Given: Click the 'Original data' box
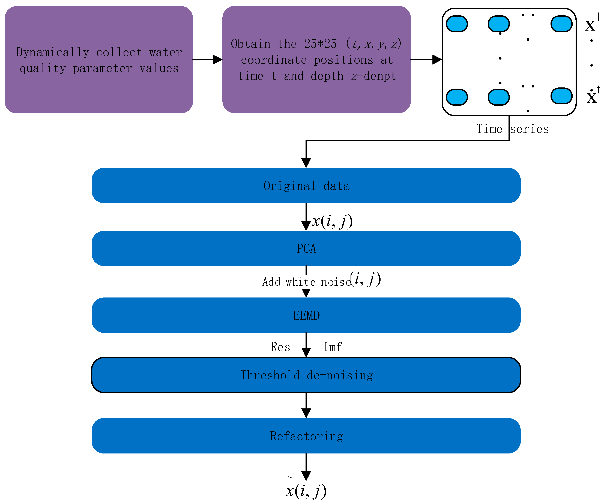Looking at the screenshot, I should pyautogui.click(x=306, y=185).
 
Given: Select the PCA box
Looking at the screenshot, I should pyautogui.click(x=306, y=248).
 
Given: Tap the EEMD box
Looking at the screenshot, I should pyautogui.click(x=306, y=315).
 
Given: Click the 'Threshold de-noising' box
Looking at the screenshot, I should pyautogui.click(x=306, y=375).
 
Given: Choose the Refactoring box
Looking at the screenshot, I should pyautogui.click(x=306, y=436).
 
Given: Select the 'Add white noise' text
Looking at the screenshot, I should pyautogui.click(x=306, y=282).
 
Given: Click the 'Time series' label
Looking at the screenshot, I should pyautogui.click(x=512, y=129).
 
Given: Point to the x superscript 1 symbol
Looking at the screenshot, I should pyautogui.click(x=592, y=23).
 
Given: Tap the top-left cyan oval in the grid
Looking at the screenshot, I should pyautogui.click(x=457, y=24).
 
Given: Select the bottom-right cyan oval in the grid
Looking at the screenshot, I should pyautogui.click(x=561, y=96).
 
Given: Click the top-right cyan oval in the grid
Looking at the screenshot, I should pyautogui.click(x=561, y=24).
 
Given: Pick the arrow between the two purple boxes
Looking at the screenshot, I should pyautogui.click(x=208, y=60).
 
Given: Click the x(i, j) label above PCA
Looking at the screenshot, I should pyautogui.click(x=332, y=221).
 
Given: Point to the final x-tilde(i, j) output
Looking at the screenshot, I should pyautogui.click(x=306, y=490).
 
